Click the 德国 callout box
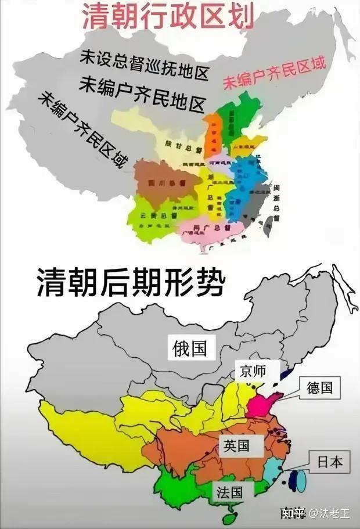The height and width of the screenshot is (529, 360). click(319, 388)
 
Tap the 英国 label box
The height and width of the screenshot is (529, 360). click(236, 446)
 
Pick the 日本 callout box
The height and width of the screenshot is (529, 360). click(329, 462)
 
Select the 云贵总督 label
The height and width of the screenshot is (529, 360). click(150, 215)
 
